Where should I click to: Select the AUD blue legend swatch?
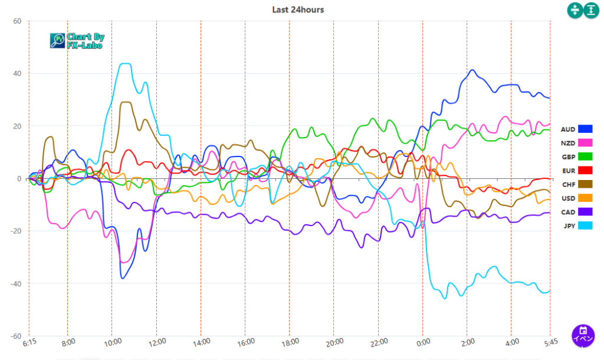585,129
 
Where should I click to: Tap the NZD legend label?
568,143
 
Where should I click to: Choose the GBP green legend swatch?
585,156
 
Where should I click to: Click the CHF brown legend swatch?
585,184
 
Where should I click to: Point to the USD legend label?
568,198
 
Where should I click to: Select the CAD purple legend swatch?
585,211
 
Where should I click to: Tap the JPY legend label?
568,225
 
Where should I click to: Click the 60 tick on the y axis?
17,21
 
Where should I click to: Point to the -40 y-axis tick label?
15,284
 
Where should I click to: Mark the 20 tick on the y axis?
17,126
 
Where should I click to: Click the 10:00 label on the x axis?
113,343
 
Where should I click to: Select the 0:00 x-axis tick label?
424,343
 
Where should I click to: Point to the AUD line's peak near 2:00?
472,70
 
